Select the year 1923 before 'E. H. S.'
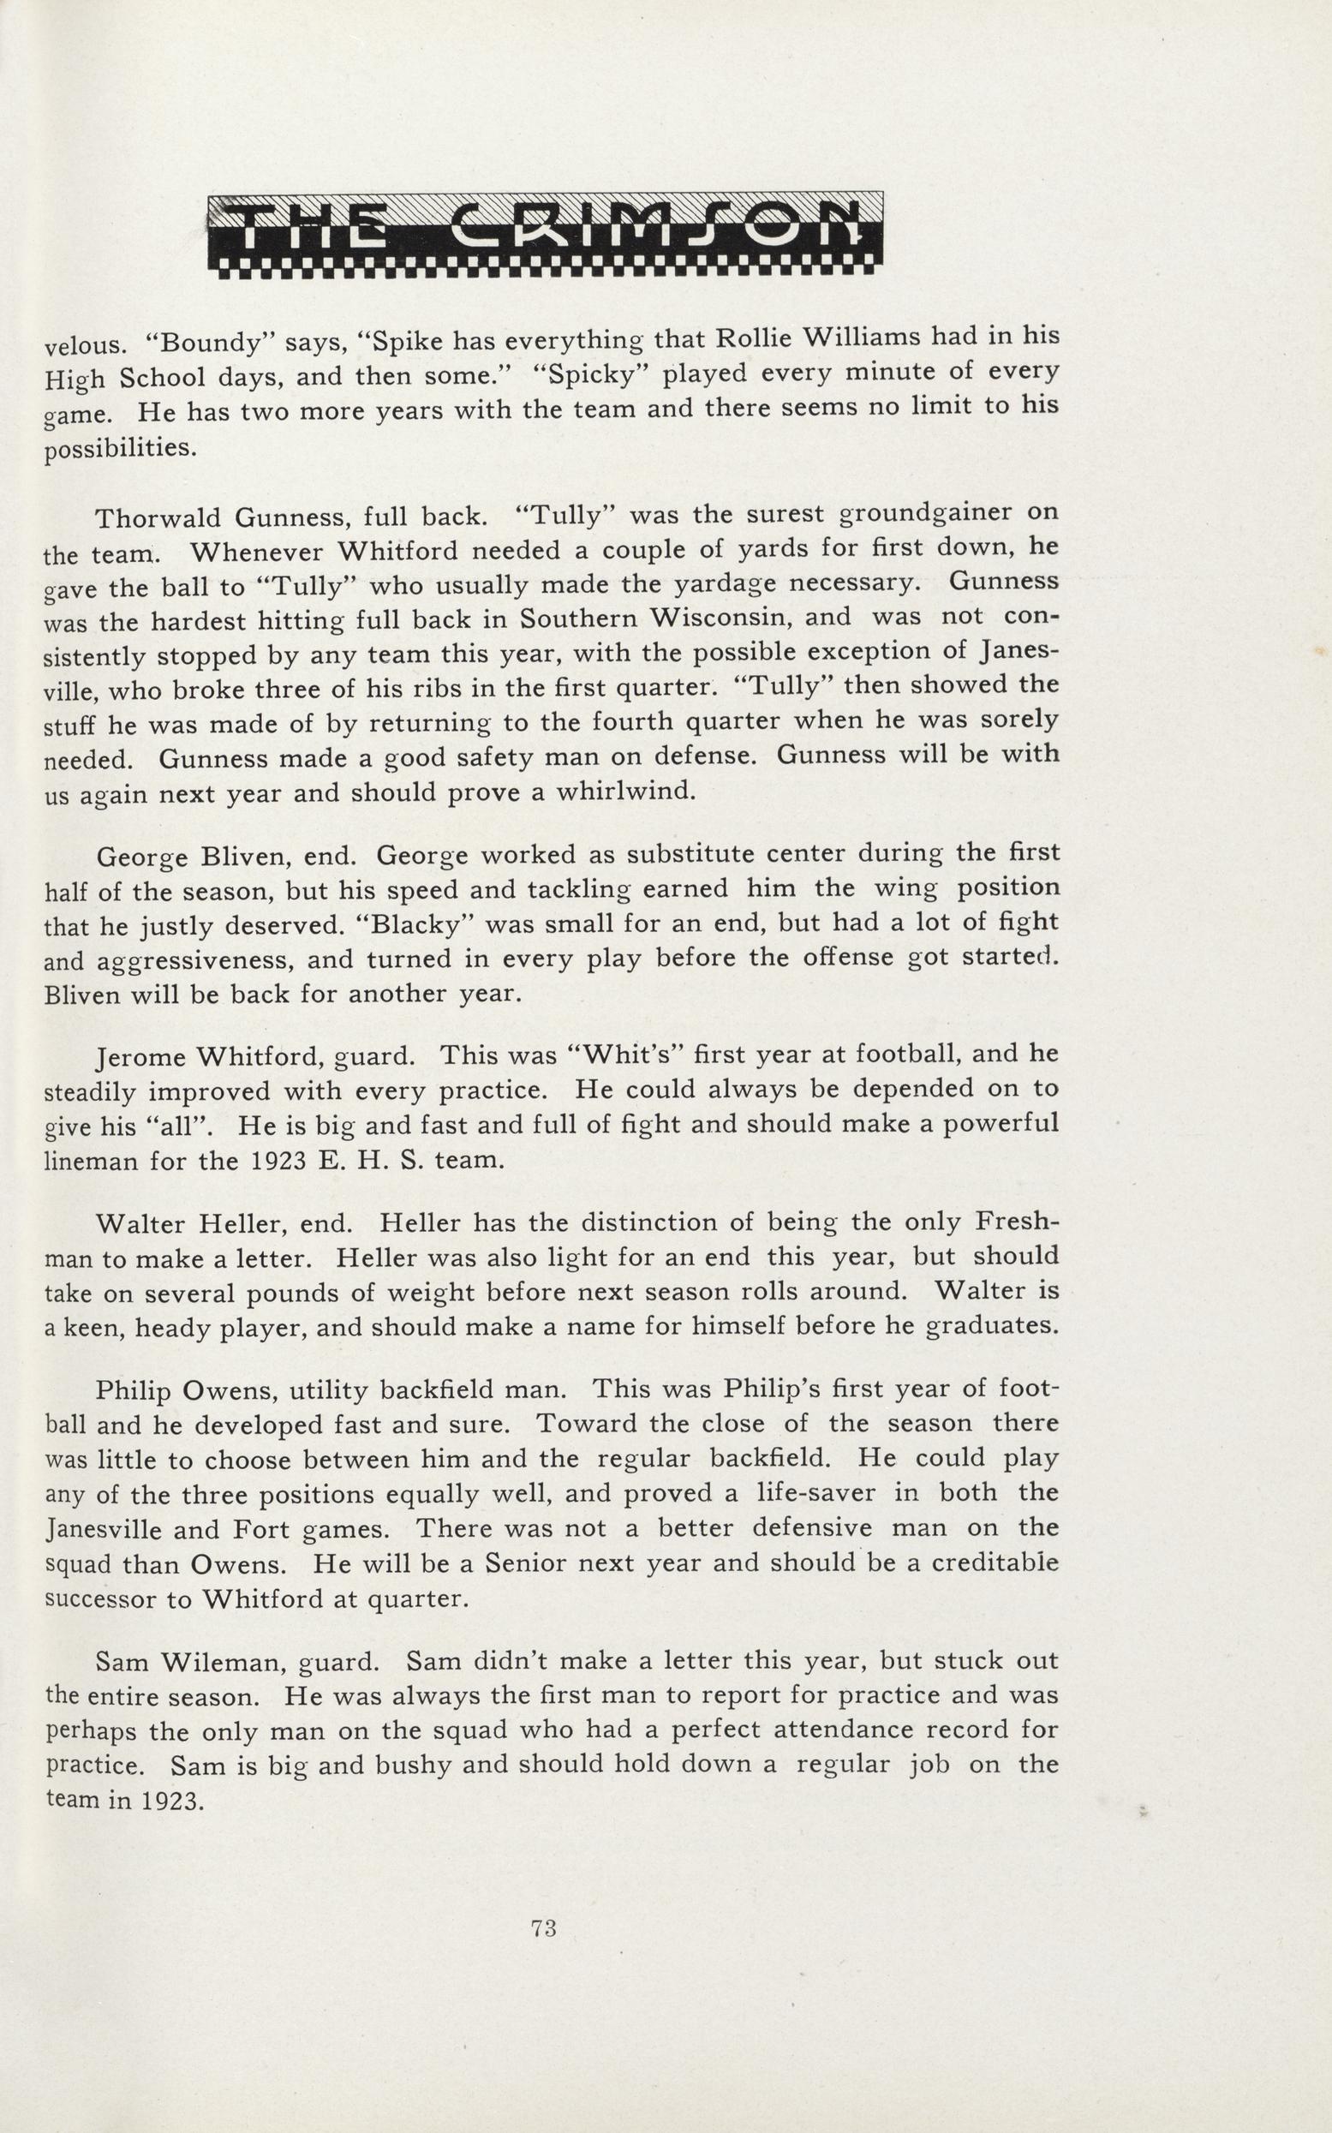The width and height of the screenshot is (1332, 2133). pos(272,1161)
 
